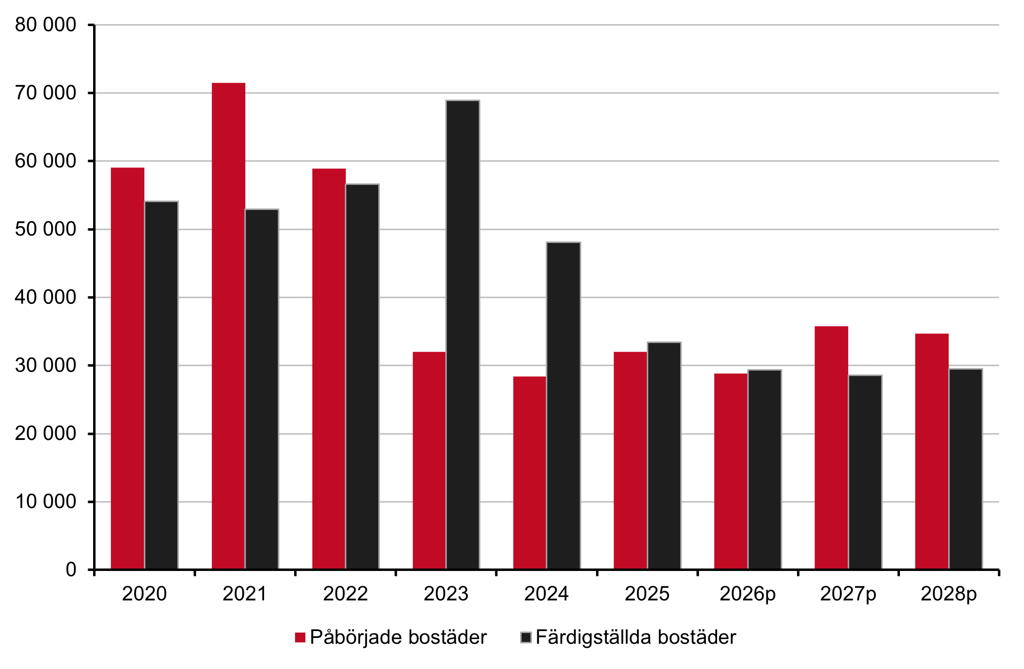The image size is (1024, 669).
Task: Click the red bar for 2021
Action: [229, 326]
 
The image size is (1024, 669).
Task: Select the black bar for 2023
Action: [462, 335]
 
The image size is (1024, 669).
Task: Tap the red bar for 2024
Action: [529, 473]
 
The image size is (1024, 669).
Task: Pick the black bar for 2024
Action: [563, 406]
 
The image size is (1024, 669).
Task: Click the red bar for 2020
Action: [128, 368]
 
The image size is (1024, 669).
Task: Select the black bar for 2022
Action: [362, 377]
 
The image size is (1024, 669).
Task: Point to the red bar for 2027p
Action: [831, 448]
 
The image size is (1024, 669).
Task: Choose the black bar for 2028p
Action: [965, 469]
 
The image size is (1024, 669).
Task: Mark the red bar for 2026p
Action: [731, 471]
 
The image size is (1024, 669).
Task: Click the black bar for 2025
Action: [664, 456]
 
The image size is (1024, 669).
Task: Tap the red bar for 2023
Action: [429, 461]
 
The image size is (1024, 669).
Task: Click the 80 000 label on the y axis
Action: [45, 25]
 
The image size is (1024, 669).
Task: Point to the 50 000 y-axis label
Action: [45, 229]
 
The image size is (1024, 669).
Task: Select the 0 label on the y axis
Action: [71, 569]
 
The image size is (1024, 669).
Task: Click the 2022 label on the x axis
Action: [345, 594]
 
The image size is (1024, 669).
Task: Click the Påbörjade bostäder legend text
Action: [398, 637]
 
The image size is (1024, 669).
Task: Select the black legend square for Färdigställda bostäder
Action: [526, 637]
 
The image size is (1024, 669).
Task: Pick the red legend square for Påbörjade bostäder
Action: [300, 637]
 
